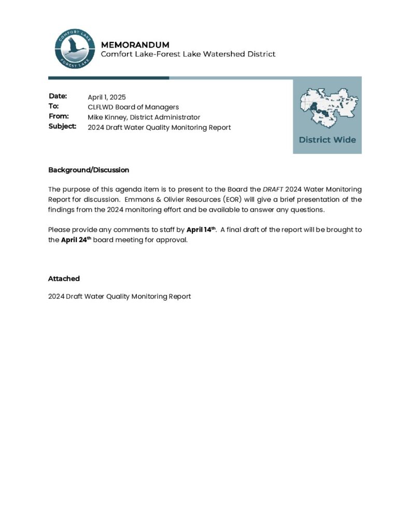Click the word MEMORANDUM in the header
pyautogui.click(x=135, y=45)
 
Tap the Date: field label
pyautogui.click(x=58, y=96)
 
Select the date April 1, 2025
pyautogui.click(x=107, y=97)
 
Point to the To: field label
pyautogui.click(x=54, y=106)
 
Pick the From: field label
pyautogui.click(x=59, y=116)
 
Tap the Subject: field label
pyautogui.click(x=62, y=126)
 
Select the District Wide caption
pyautogui.click(x=327, y=140)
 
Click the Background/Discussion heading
pyautogui.click(x=89, y=170)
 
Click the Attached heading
pyautogui.click(x=64, y=278)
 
